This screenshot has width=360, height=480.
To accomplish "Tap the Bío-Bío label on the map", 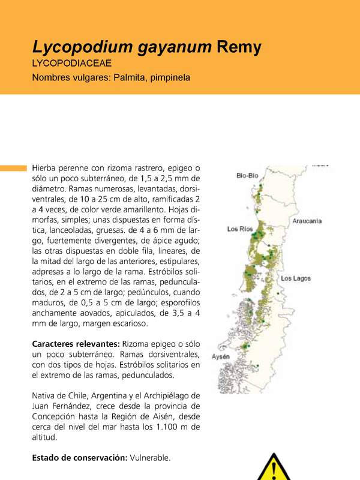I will coord(247,176).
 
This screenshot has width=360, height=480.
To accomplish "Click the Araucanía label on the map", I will coord(307,221).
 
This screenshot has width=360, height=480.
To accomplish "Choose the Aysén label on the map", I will coord(221,358).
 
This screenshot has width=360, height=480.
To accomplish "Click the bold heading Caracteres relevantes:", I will coord(76,344).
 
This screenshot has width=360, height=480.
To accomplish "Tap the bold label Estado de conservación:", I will coord(79,458).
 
